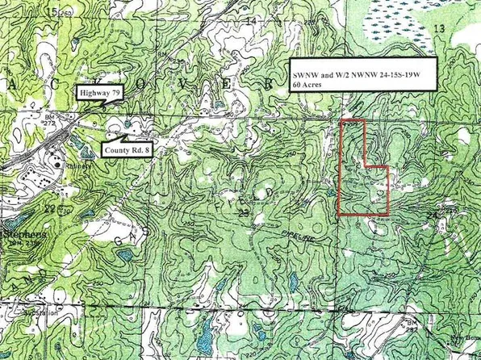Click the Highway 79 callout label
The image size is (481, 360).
point(100,93)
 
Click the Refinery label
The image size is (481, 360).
point(78,167)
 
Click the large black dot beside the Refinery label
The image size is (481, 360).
point(58,165)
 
